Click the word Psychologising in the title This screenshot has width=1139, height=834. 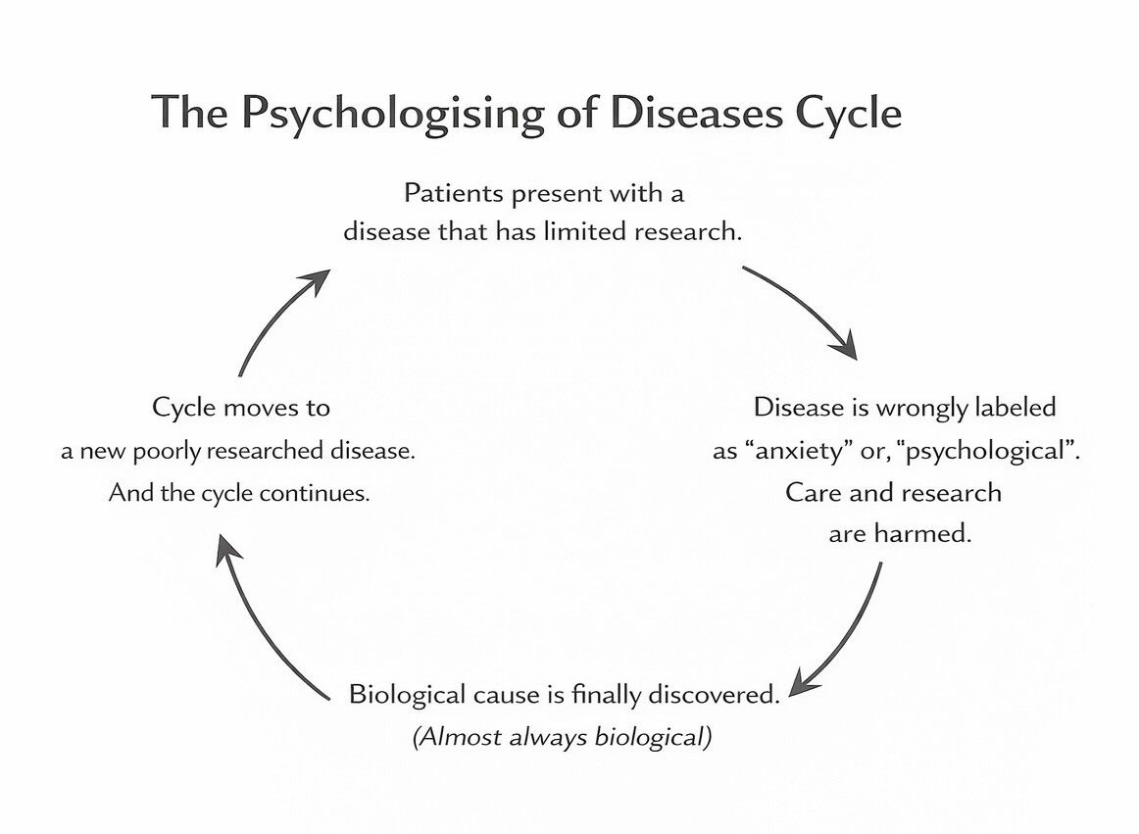pos(391,114)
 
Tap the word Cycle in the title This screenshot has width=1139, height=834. pos(848,114)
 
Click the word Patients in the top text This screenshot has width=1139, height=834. pos(452,193)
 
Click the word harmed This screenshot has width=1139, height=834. pos(931,535)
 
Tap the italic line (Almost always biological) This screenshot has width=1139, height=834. pos(562,737)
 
